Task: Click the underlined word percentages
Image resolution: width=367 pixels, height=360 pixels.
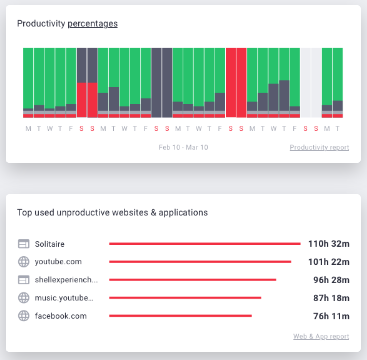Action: (93, 24)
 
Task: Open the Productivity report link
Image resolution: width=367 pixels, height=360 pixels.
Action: (319, 148)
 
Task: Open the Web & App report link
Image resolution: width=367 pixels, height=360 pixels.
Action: (321, 337)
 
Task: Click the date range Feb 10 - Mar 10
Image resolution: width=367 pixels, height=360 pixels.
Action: (183, 148)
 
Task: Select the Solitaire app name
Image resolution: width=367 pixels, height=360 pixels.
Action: (50, 244)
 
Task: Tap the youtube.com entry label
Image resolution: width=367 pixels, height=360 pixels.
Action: (58, 262)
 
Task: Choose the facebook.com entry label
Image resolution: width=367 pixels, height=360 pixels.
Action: (61, 316)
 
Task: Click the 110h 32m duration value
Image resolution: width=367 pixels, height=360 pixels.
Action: (329, 244)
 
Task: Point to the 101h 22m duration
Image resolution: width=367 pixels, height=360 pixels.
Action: (329, 262)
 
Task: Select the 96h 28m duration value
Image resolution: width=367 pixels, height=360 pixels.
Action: (331, 280)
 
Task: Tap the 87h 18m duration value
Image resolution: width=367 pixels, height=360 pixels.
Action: (331, 298)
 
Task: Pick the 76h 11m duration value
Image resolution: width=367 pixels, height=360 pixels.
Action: (331, 316)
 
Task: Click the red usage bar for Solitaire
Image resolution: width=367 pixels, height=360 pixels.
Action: (204, 244)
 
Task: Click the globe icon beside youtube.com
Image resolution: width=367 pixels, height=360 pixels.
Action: (24, 262)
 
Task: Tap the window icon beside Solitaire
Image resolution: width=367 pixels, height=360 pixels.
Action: (24, 244)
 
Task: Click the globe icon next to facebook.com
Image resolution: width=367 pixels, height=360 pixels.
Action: (24, 316)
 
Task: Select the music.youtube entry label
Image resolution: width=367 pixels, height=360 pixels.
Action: (64, 298)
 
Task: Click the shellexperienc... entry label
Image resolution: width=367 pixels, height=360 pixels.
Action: (66, 280)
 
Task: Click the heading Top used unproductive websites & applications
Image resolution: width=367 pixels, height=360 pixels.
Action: (113, 213)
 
